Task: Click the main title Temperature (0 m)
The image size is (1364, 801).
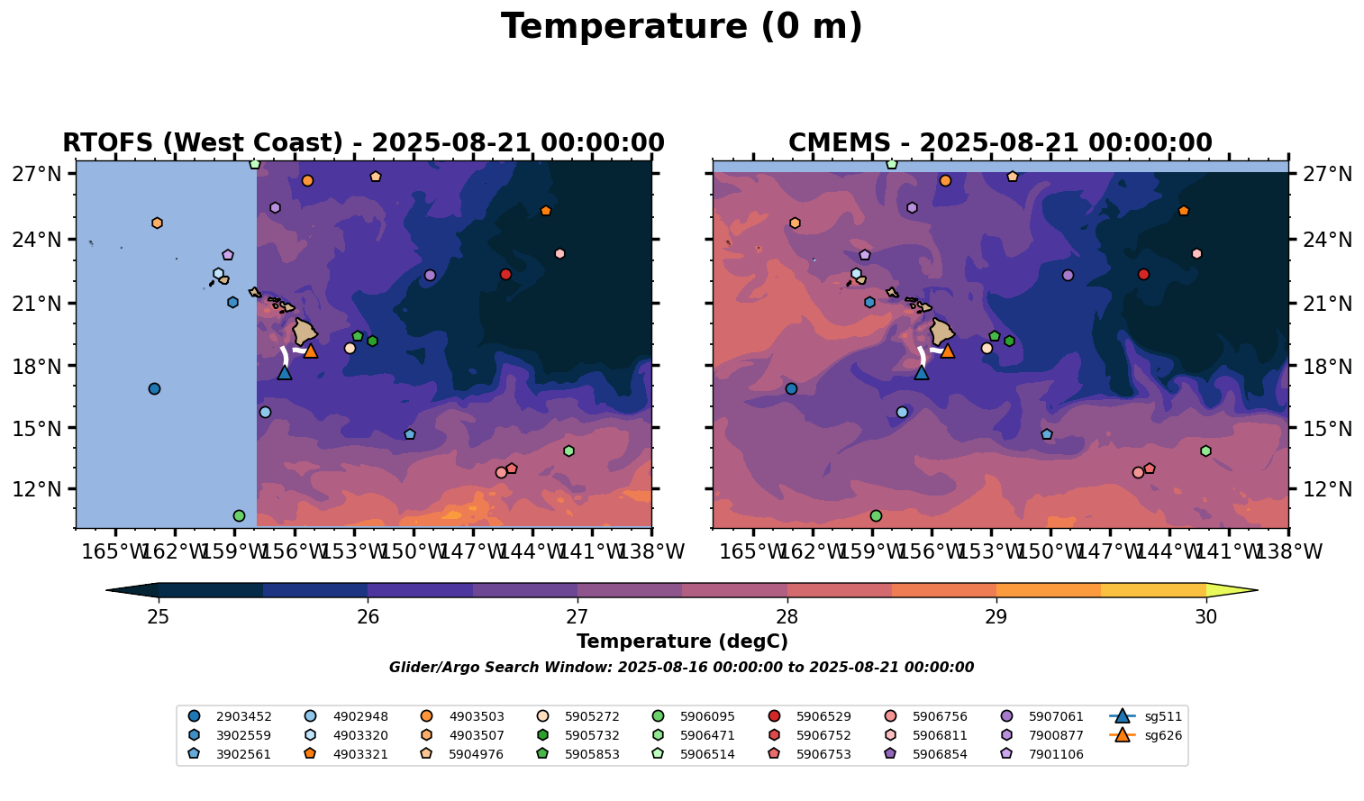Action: click(681, 27)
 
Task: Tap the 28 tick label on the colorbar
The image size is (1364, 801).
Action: click(787, 617)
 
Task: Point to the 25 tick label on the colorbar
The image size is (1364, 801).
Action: click(159, 617)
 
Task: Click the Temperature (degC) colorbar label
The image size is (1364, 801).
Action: click(682, 642)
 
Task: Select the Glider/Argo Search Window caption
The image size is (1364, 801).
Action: click(681, 668)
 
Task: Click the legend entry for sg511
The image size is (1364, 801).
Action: click(1146, 716)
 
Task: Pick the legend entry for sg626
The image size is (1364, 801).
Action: click(1146, 735)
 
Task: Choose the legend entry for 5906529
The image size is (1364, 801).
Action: click(809, 716)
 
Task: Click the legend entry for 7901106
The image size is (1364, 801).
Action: click(1041, 754)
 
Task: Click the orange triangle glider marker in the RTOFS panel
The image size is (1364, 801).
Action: click(311, 350)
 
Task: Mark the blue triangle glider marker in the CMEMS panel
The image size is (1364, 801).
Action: click(922, 372)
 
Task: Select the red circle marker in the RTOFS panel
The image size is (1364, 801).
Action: click(505, 275)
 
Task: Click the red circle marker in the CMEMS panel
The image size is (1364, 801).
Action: click(1143, 275)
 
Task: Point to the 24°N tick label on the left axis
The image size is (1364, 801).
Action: click(37, 240)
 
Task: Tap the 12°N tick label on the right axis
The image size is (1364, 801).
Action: click(1327, 489)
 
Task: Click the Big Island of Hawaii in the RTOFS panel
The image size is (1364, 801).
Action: click(304, 332)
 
